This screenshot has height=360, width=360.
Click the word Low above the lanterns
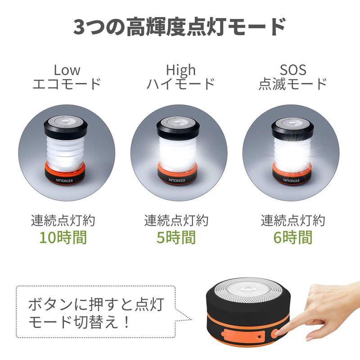[67, 70]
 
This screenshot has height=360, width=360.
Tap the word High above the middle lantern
[181, 70]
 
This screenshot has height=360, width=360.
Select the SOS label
[293, 70]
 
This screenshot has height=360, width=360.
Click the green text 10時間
[63, 238]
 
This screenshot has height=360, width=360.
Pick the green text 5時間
[176, 238]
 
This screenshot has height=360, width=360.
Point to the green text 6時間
[293, 238]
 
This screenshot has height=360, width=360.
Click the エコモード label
[67, 84]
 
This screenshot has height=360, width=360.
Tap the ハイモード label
[181, 84]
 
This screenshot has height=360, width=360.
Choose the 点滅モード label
[293, 84]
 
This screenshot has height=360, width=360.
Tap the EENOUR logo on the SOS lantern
[291, 180]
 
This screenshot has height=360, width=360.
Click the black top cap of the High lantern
[178, 129]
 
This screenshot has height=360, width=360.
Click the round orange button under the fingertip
[275, 333]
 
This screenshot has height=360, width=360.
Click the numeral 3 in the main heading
[81, 27]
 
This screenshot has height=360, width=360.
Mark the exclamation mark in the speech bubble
[126, 322]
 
